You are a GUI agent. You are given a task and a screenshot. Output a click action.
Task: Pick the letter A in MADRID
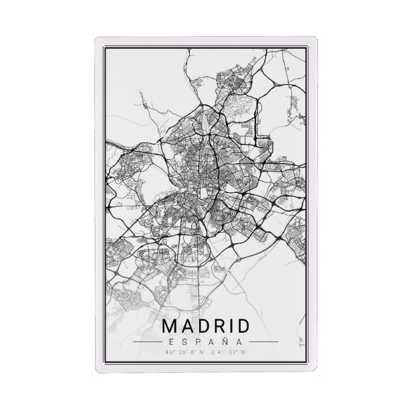[186, 327]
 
